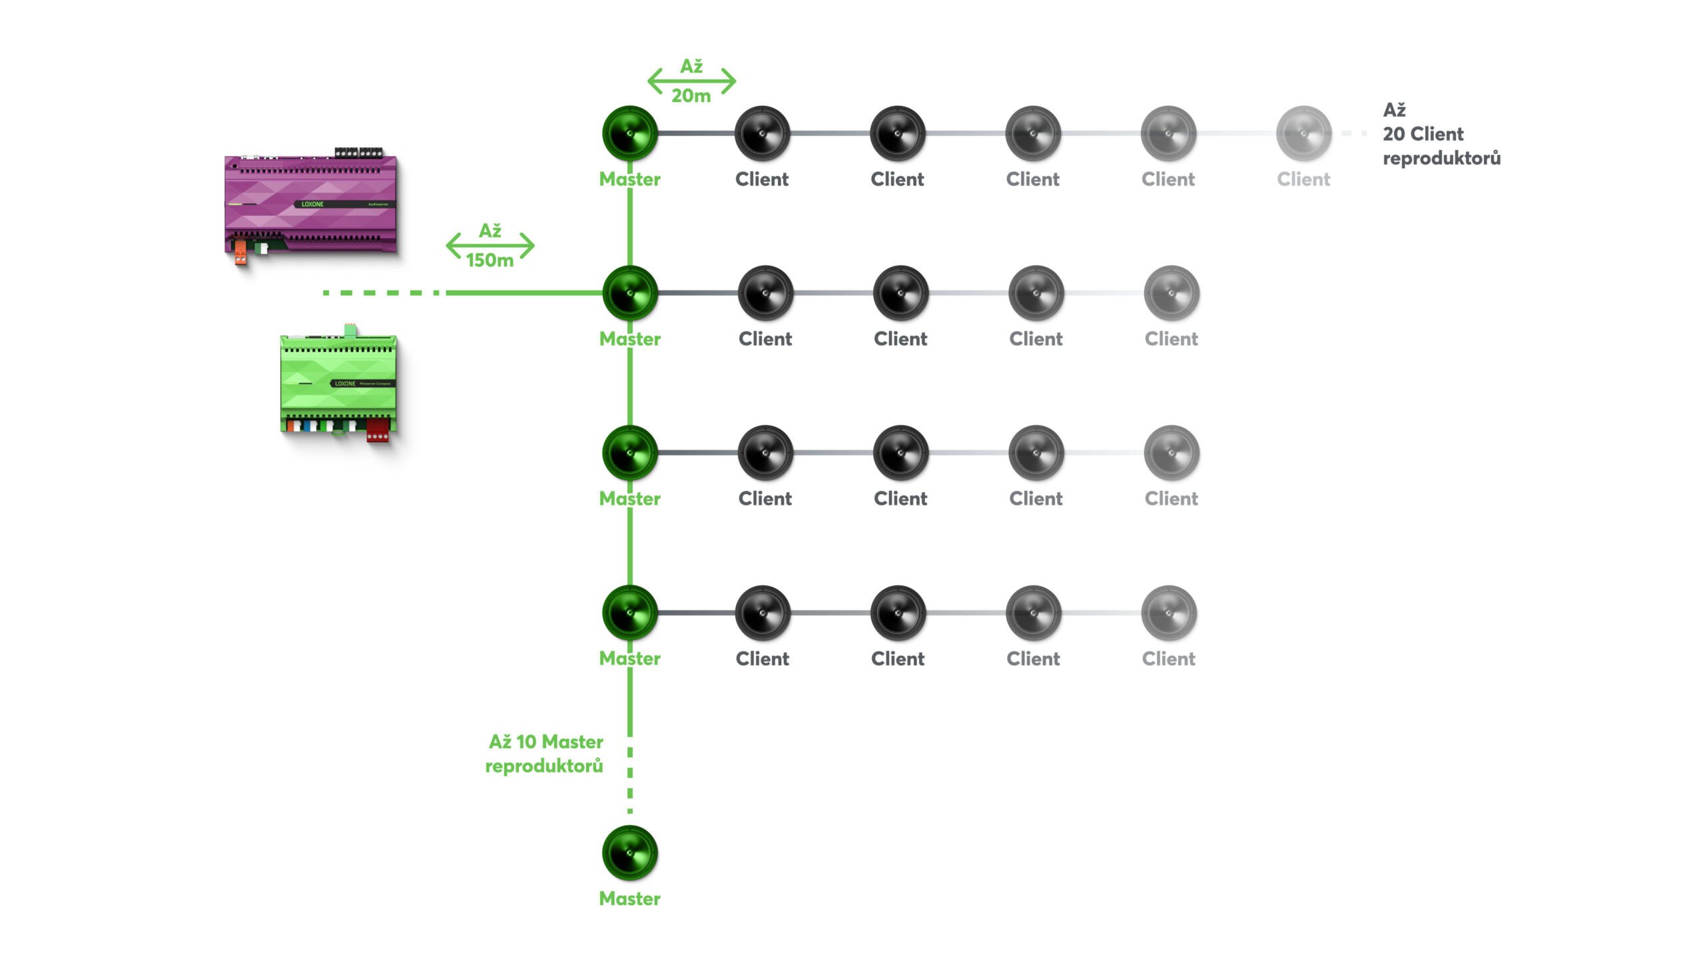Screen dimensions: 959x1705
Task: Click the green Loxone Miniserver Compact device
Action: pyautogui.click(x=339, y=384)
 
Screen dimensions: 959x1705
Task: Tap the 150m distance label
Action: pyautogui.click(x=490, y=260)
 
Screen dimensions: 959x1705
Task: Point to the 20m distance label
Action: pyautogui.click(x=691, y=96)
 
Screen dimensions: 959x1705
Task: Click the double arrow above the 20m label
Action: pyautogui.click(x=691, y=81)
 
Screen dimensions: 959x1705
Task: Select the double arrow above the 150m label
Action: pyautogui.click(x=490, y=245)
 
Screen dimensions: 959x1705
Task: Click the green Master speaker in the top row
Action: pyautogui.click(x=629, y=133)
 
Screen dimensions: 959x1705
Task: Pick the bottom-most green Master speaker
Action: pyautogui.click(x=629, y=852)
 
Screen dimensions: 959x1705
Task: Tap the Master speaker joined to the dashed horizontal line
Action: pyautogui.click(x=629, y=293)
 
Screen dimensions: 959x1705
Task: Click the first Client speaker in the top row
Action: pyautogui.click(x=762, y=133)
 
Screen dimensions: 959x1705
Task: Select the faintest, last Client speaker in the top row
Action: pyautogui.click(x=1303, y=133)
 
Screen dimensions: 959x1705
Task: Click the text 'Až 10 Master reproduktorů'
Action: pyautogui.click(x=545, y=754)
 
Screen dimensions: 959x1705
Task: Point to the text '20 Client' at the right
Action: pyautogui.click(x=1423, y=134)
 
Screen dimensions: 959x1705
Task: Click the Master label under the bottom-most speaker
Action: pyautogui.click(x=629, y=898)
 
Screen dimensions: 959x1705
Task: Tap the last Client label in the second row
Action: pyautogui.click(x=1171, y=339)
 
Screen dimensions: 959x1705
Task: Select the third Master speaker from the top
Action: pyautogui.click(x=629, y=453)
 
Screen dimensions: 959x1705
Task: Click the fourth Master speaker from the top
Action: pyautogui.click(x=629, y=613)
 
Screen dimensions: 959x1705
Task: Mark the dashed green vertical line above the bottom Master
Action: pyautogui.click(x=630, y=779)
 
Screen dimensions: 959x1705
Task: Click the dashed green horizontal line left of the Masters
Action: pyautogui.click(x=380, y=292)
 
